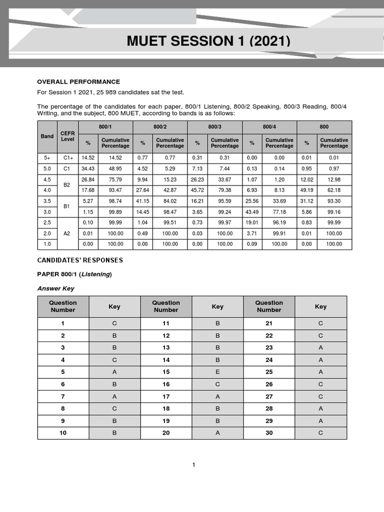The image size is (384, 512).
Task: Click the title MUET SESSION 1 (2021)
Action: pos(208,41)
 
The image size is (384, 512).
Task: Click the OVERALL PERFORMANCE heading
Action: pos(78,81)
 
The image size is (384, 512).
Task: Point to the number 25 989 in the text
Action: pos(112,92)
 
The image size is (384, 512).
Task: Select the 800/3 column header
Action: pos(214,127)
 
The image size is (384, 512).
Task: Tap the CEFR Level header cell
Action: pos(67,136)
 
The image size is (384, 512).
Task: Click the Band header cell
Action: pos(47,136)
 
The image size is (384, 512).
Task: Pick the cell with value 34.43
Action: pos(88,168)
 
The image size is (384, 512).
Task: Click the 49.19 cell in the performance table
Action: pos(306,190)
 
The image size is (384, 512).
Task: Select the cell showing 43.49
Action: pos(252,211)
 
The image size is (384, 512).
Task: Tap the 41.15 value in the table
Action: pos(142,201)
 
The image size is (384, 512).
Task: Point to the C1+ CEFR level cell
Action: pos(67,158)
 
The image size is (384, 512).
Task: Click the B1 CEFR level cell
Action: pos(67,206)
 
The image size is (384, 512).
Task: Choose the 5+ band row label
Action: pos(47,158)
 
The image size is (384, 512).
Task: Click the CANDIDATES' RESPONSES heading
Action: pos(80,260)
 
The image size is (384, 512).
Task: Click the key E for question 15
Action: pos(217,372)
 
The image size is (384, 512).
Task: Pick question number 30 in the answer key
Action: pos(269,433)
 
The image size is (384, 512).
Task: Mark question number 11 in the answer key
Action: pos(166,323)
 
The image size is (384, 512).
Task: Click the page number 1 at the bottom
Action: pos(194,465)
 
